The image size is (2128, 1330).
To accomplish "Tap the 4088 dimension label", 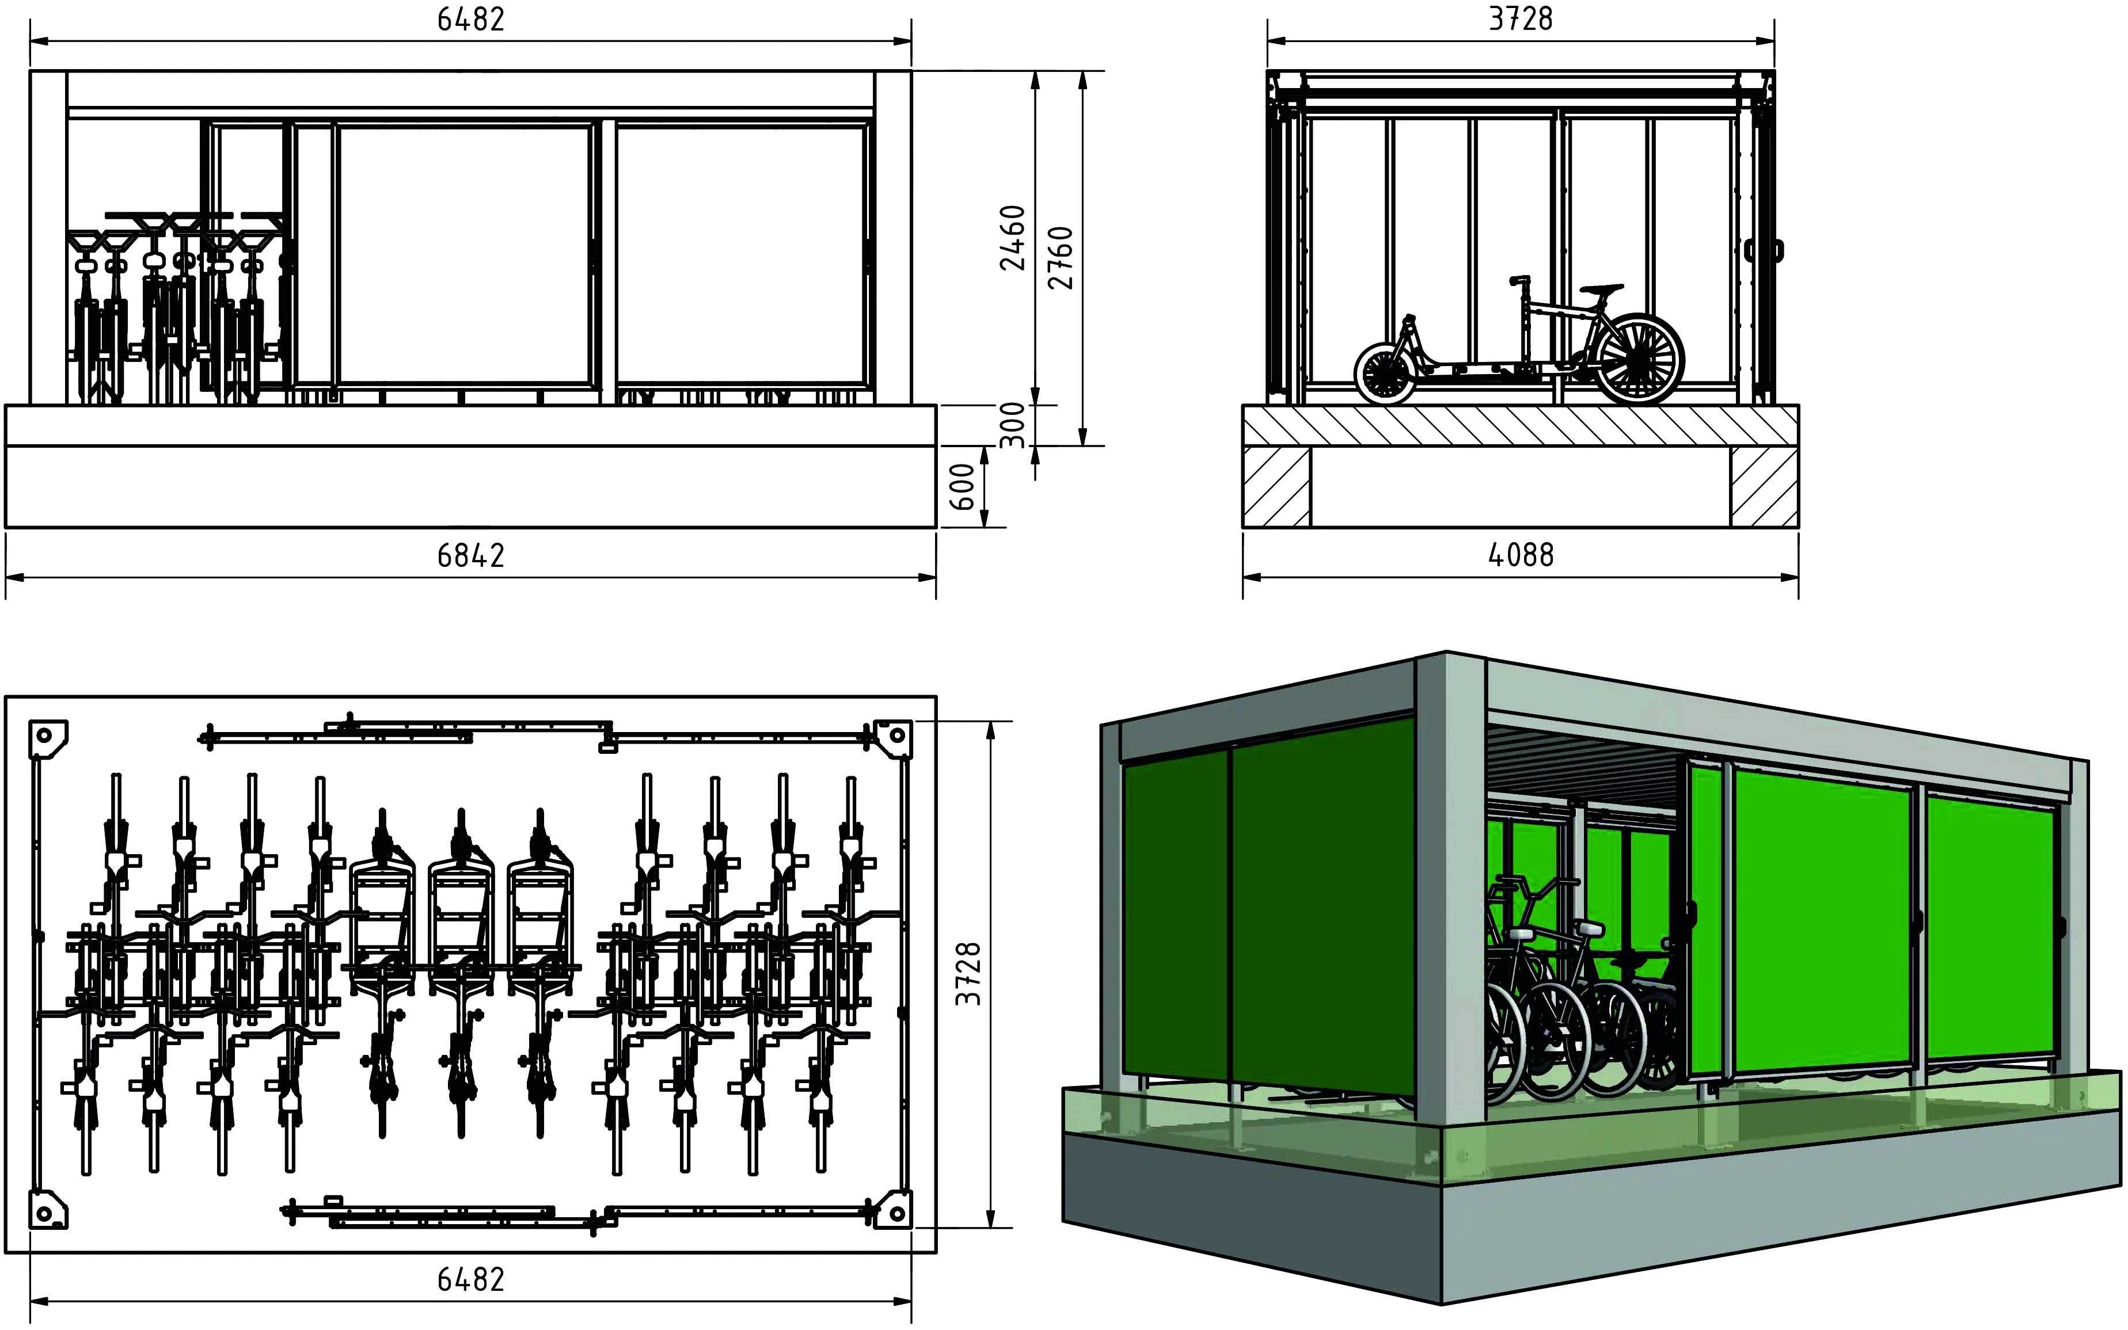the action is coord(1521,555).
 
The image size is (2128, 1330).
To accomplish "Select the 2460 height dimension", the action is coord(1013,238).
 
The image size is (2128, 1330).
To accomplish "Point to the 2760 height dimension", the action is coord(1061,258).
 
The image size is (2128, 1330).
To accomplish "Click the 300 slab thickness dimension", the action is coord(1013,425).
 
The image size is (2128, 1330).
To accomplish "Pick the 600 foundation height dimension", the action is coord(963,487).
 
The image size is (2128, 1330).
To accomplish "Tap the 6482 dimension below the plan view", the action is coord(471,1280).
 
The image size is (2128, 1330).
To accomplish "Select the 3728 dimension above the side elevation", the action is coord(1521,18).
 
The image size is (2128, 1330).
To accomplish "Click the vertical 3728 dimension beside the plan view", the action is coord(968,974).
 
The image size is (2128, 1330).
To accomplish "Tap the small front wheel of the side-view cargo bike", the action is coord(1386,373).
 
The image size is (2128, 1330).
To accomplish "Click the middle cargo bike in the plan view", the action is coord(460,972).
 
